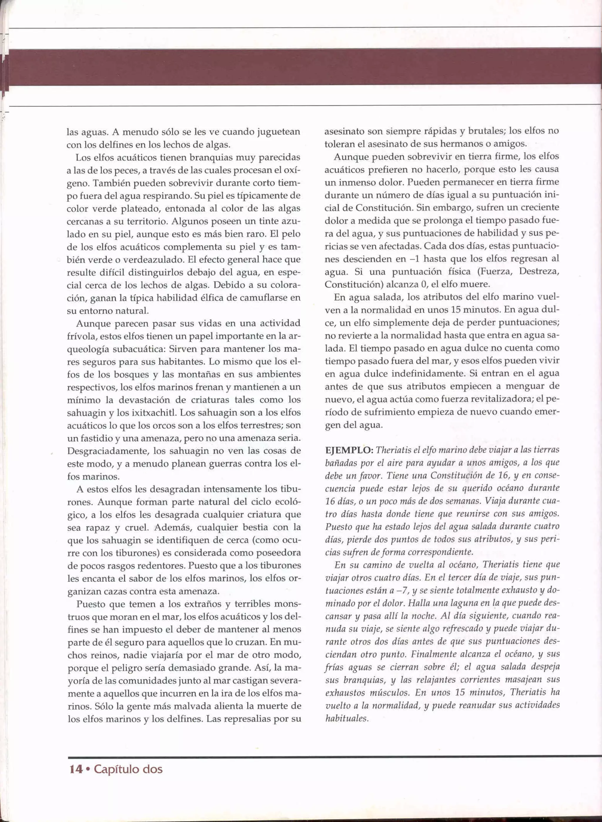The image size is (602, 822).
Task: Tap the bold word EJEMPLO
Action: point(349,450)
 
